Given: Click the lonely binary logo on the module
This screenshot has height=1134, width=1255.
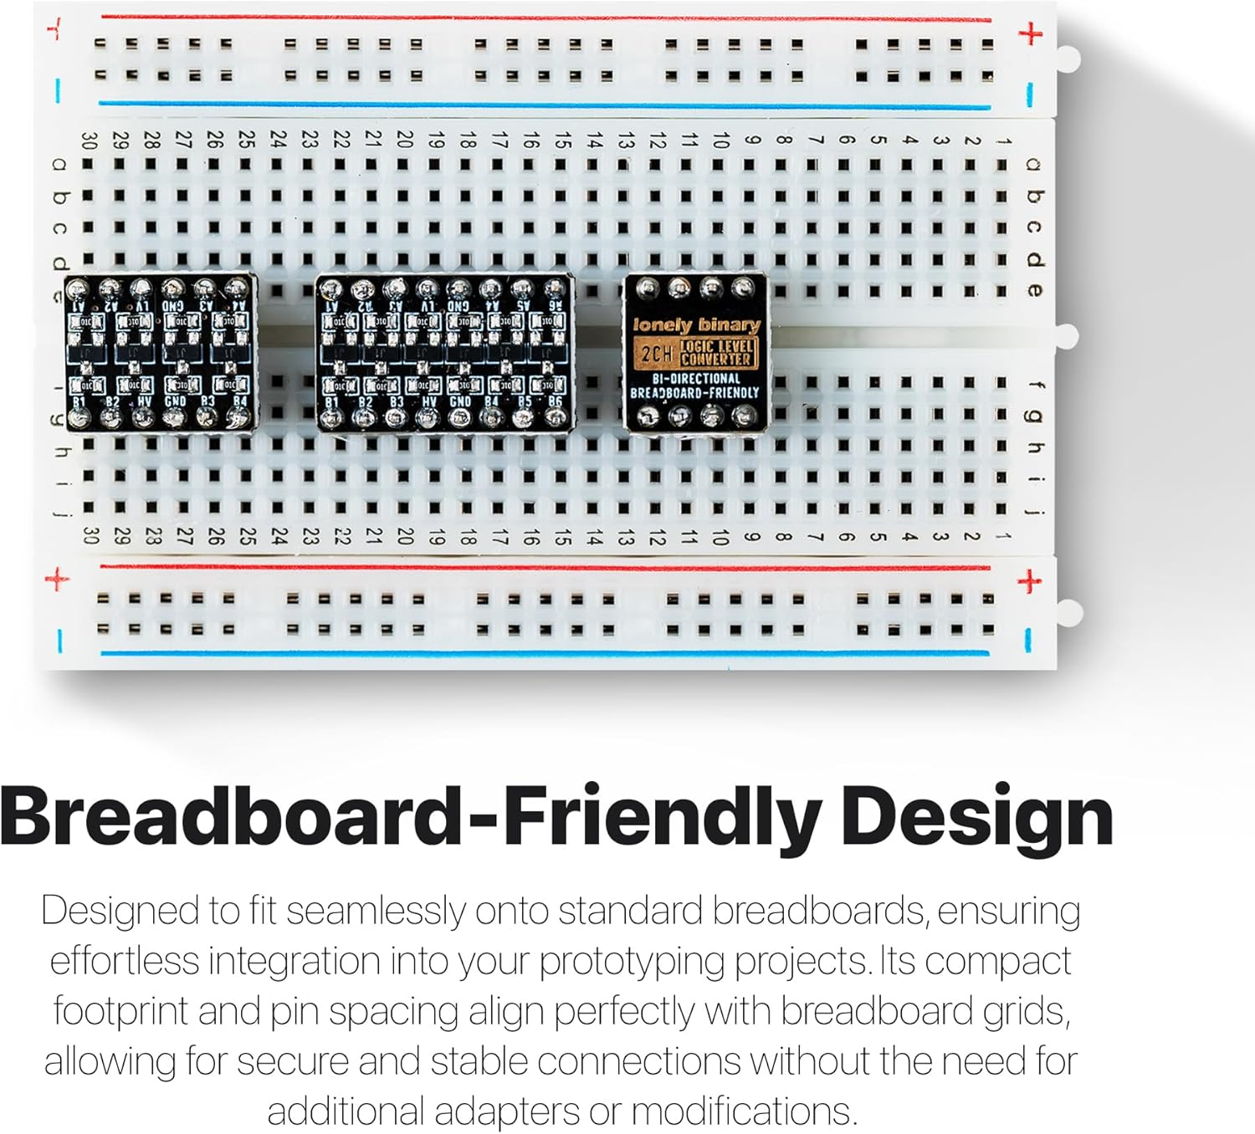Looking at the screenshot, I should (x=696, y=324).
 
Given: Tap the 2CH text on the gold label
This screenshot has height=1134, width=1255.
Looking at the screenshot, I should (x=655, y=354).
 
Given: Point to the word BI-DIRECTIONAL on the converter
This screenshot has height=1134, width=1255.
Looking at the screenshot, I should (x=696, y=378).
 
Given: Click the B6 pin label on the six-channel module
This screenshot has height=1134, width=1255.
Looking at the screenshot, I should (x=556, y=401).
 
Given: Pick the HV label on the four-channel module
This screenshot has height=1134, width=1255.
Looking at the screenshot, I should (x=143, y=401).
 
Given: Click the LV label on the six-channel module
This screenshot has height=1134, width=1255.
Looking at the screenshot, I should (x=428, y=306).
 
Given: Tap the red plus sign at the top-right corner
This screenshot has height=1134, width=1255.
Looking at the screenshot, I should (x=1031, y=34).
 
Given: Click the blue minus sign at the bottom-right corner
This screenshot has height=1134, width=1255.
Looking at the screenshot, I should (x=1029, y=640).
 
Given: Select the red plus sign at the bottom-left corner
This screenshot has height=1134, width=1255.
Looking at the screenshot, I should (x=57, y=579).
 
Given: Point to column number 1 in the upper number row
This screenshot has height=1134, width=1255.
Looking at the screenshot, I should (x=1001, y=140).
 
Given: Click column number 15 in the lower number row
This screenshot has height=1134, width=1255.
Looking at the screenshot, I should (x=562, y=537).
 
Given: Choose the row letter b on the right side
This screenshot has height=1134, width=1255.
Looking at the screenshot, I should (x=1036, y=197).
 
